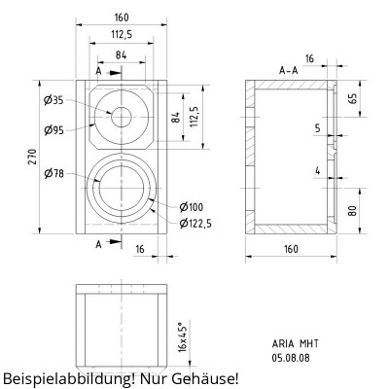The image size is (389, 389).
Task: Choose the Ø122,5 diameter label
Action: coord(196,223)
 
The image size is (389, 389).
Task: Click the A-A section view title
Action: coord(288,70)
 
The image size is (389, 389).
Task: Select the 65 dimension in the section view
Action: coord(352,98)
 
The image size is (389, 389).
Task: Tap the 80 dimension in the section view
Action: coord(352,210)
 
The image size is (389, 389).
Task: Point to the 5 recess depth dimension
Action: coord(317,127)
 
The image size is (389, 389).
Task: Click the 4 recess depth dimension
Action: coord(317,171)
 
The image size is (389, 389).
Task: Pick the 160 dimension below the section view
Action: coord(290,249)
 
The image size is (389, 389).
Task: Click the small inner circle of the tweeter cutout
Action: coord(122,116)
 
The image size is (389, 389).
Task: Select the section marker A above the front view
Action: coord(99,71)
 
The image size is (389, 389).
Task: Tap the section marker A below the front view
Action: coord(99,244)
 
